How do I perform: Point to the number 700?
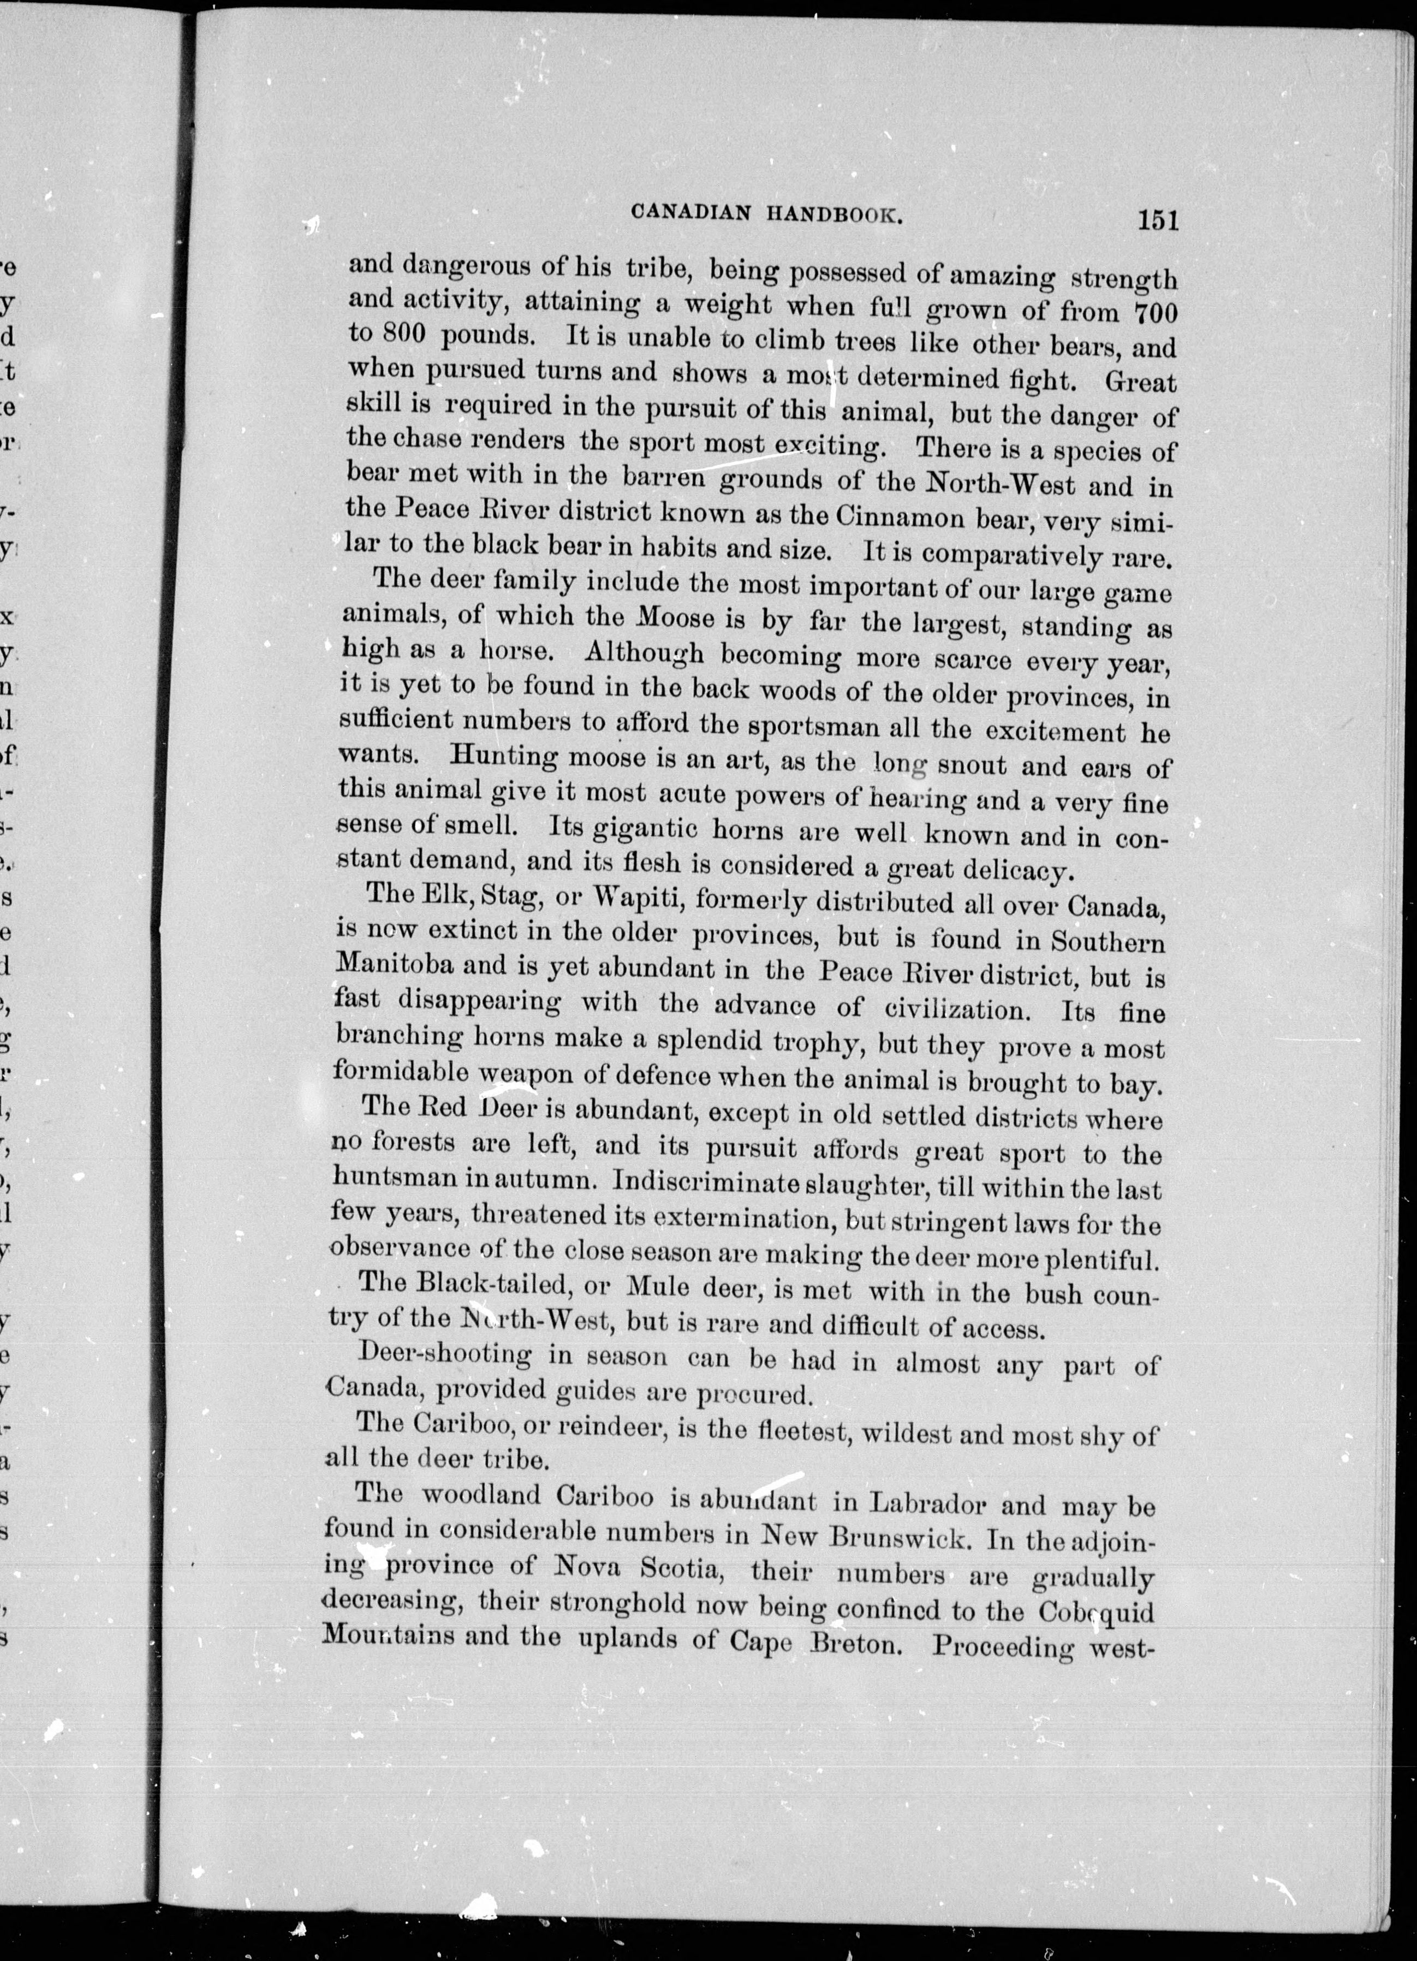coord(1153,313)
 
